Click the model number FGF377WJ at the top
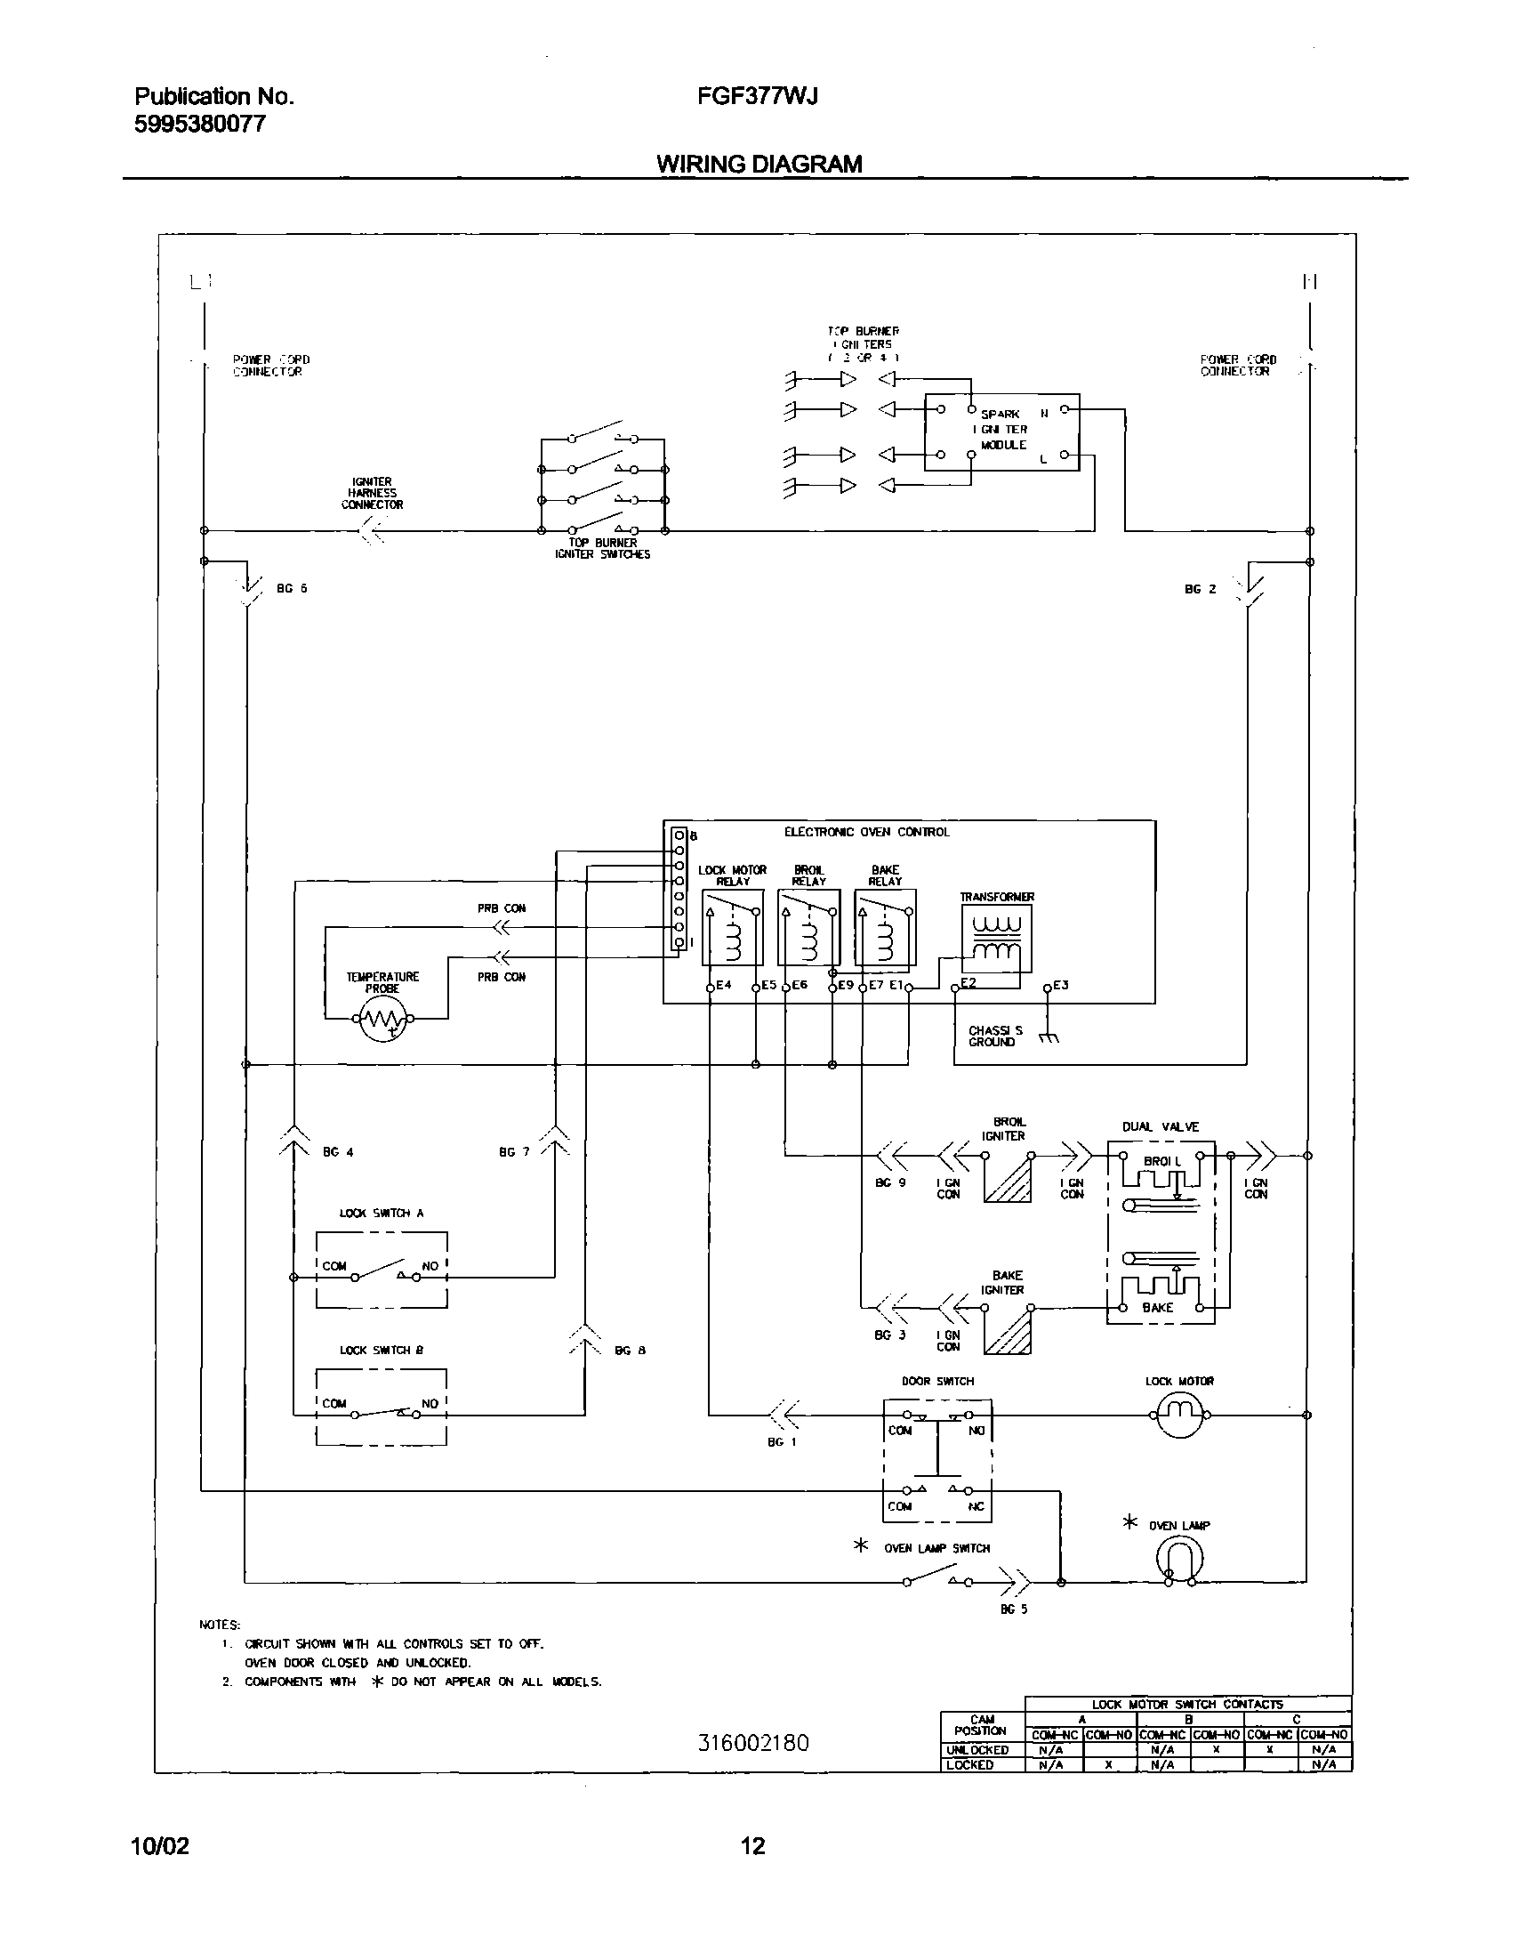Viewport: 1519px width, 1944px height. (x=757, y=96)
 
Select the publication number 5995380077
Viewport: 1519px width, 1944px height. (x=200, y=124)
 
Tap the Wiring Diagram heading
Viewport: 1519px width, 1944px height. (x=759, y=164)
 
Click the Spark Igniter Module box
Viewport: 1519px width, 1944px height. (x=1002, y=432)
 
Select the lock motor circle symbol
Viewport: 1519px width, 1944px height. (x=1178, y=1415)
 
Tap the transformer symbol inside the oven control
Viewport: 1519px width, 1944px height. (x=997, y=938)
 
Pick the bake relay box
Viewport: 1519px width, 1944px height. (x=885, y=926)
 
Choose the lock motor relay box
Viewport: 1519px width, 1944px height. (x=732, y=926)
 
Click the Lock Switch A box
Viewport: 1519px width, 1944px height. (x=382, y=1270)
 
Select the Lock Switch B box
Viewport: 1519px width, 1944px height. (x=382, y=1408)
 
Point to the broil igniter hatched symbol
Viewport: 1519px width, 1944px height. (x=1008, y=1179)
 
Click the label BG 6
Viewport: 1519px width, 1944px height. (x=292, y=588)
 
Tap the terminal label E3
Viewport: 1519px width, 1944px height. (x=1060, y=986)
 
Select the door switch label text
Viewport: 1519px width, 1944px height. (x=937, y=1382)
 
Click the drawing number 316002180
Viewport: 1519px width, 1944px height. (x=753, y=1742)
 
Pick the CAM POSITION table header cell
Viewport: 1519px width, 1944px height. (x=982, y=1725)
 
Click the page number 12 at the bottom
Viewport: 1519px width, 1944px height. (x=752, y=1846)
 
